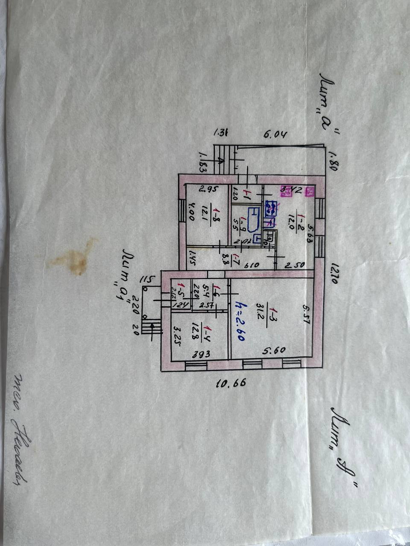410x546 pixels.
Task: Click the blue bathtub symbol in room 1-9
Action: click(254, 219)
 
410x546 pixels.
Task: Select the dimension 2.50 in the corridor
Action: click(294, 265)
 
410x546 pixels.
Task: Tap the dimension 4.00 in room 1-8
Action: click(191, 212)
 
